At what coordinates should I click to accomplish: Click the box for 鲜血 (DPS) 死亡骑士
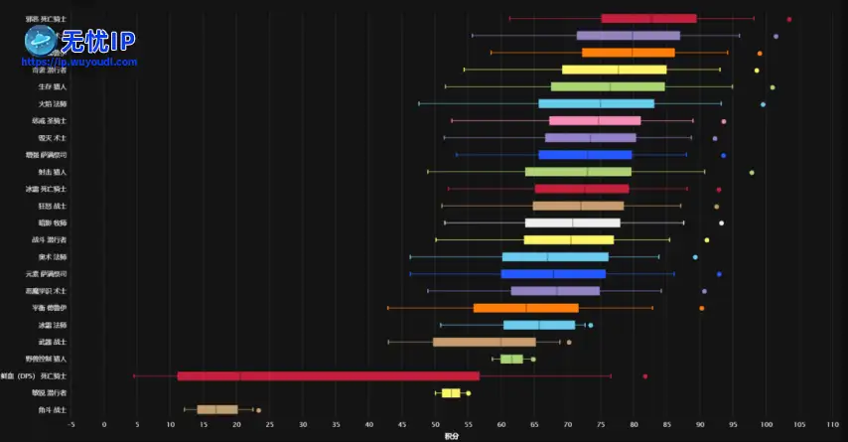tap(328, 375)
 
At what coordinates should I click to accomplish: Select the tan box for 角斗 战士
tap(216, 409)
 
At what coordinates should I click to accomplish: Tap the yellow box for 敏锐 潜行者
tap(451, 392)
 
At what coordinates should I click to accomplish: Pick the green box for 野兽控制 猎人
tap(511, 359)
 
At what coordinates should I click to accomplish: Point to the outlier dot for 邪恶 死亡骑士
tap(789, 19)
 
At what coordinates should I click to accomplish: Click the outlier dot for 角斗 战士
tap(258, 409)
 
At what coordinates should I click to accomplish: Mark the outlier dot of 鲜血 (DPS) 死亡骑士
tap(645, 375)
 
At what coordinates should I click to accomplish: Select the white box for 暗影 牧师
tap(572, 222)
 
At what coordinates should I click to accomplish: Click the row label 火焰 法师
tap(53, 103)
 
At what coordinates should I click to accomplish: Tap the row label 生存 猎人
tap(53, 86)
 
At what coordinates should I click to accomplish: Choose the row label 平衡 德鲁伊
tap(49, 308)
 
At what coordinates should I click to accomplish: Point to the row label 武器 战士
tap(53, 342)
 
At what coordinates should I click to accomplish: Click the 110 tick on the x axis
tap(832, 424)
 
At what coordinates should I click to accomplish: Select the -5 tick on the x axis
tap(71, 424)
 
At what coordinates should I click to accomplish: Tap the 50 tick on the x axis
tap(435, 424)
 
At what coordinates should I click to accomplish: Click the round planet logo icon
tap(41, 41)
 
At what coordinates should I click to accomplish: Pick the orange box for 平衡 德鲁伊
tap(525, 308)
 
